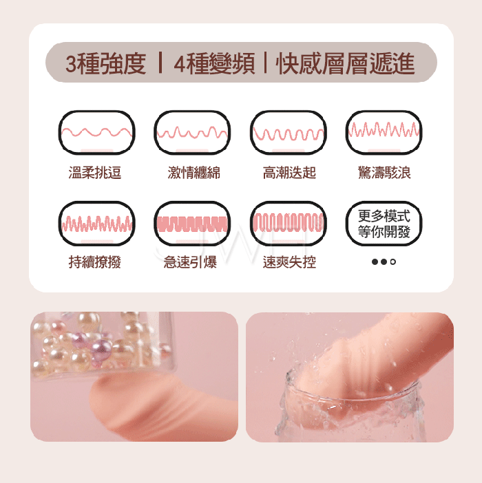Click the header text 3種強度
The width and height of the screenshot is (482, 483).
[x=106, y=64]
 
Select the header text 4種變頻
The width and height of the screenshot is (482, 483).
[x=215, y=64]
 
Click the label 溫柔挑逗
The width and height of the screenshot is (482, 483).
[x=95, y=173]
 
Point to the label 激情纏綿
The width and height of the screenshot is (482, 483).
[x=194, y=173]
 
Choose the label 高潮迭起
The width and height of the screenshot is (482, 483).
[x=289, y=173]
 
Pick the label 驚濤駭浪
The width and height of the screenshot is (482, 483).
[x=384, y=173]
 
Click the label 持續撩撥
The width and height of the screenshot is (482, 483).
[x=95, y=262]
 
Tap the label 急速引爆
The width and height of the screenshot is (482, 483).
[x=190, y=262]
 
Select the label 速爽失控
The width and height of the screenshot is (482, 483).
[x=289, y=262]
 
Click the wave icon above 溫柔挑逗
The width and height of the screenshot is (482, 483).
[x=97, y=133]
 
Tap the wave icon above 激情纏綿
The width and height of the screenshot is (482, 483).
[x=192, y=133]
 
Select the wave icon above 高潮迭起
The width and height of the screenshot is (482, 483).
[x=289, y=133]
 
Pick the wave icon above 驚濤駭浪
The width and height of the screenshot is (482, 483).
[x=384, y=133]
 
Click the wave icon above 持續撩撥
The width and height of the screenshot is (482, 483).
[x=97, y=224]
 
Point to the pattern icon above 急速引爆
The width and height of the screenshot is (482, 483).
[x=192, y=224]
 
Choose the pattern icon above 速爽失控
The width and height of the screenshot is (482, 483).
[x=289, y=224]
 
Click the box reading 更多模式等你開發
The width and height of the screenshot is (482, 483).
[x=384, y=224]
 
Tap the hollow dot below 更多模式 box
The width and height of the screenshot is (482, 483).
[x=393, y=262]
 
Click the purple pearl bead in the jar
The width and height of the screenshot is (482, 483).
[x=101, y=349]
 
